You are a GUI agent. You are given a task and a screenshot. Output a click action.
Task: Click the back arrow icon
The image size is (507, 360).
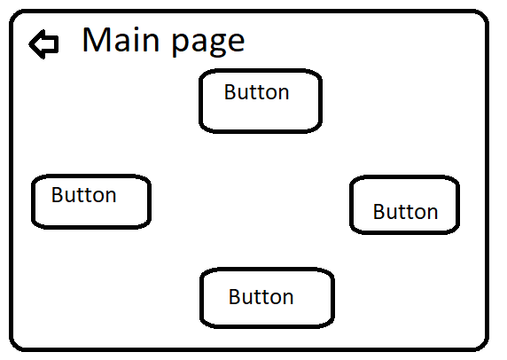[44, 44]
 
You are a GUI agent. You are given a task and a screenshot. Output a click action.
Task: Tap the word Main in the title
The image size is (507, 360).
[121, 40]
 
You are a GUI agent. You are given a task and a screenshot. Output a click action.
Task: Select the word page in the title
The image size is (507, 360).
[208, 43]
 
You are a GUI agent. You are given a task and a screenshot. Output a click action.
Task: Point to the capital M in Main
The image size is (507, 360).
[96, 40]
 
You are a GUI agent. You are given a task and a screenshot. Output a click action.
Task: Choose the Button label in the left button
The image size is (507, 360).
[83, 195]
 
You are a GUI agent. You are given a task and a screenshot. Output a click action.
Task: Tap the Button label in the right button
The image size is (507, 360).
[405, 212]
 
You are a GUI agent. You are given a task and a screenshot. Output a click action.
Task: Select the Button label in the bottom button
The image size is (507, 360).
[261, 297]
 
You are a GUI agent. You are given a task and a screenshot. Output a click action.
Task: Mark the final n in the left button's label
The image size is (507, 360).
[111, 197]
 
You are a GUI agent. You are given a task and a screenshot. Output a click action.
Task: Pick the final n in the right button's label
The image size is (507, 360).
[433, 214]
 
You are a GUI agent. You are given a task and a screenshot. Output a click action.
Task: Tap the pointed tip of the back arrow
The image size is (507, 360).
[29, 44]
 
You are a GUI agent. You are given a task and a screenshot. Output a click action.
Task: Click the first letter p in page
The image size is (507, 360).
[181, 44]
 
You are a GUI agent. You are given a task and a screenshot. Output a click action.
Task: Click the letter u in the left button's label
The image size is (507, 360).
[71, 198]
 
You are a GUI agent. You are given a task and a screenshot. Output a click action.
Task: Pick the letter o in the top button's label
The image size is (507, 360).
[271, 95]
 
